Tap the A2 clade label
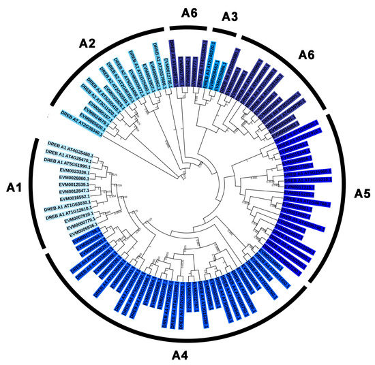point(88,42)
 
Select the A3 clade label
point(228,18)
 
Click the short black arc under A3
point(228,31)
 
